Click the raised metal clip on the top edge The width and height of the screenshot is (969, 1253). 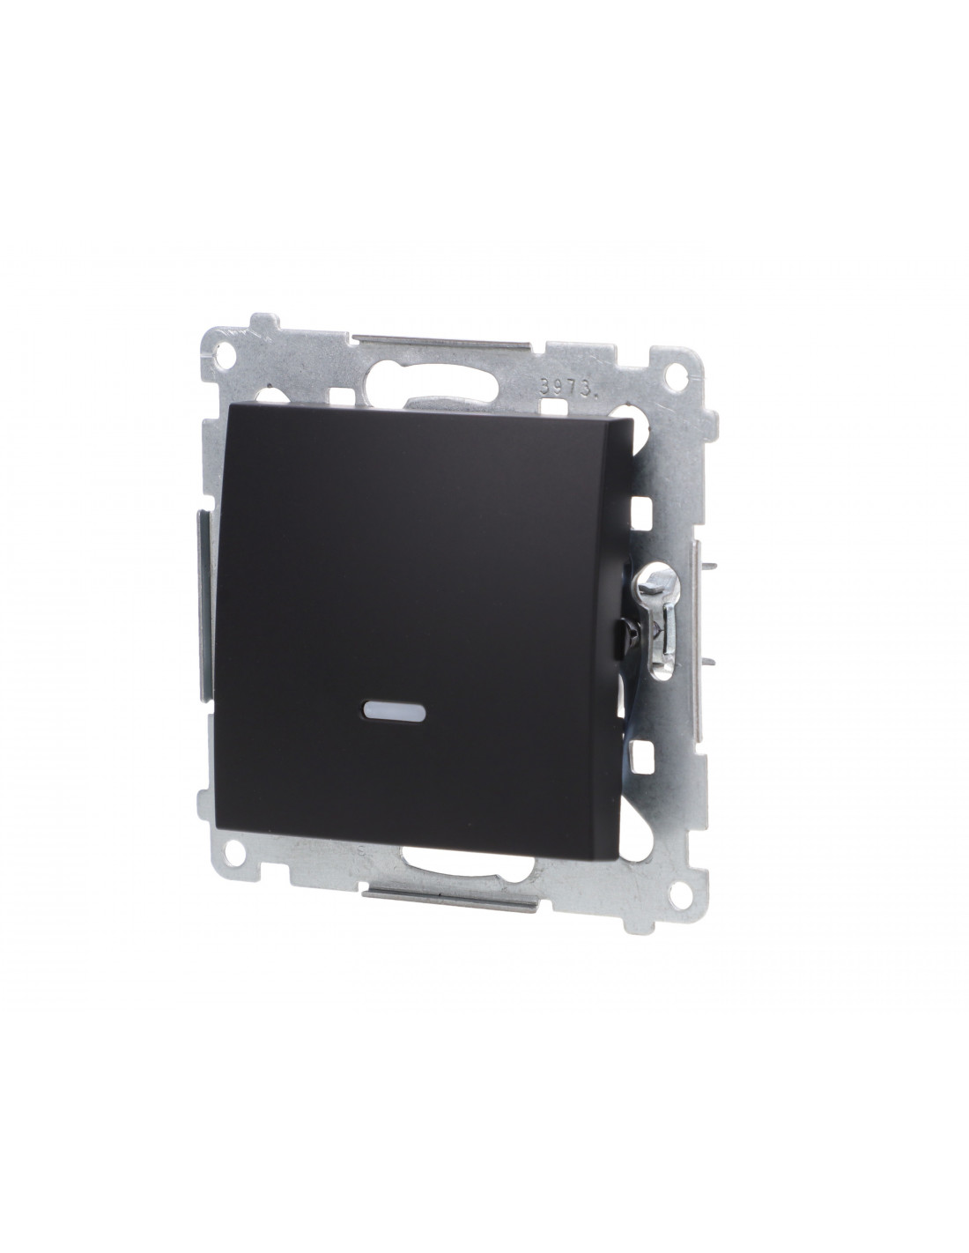tap(441, 342)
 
